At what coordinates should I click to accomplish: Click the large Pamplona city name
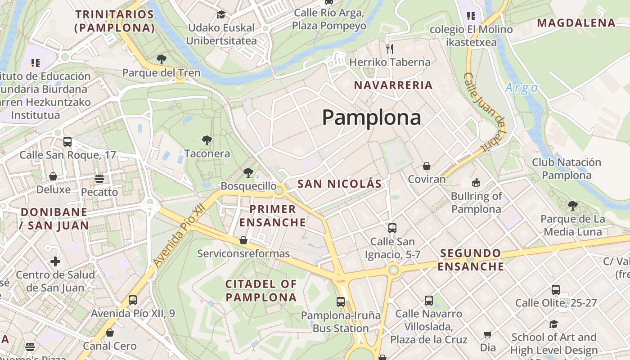tap(371, 118)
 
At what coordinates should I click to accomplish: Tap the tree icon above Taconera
tap(207, 140)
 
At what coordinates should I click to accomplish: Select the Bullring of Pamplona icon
tap(476, 182)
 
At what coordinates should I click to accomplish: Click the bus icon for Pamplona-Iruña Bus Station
tap(341, 301)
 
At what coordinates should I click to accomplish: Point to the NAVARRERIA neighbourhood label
tap(393, 85)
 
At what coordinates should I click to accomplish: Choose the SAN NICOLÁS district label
tap(339, 184)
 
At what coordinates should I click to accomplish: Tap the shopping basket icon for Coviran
tap(426, 166)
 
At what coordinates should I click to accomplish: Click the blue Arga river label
tap(521, 88)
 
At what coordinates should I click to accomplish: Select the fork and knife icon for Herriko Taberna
tap(390, 49)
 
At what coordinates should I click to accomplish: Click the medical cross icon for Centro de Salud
tap(55, 261)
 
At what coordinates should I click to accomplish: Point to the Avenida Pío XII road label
tap(179, 235)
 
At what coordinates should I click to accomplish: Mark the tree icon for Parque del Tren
tap(161, 59)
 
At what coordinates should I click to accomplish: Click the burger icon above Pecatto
tap(99, 179)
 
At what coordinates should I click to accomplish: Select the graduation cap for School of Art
tap(553, 324)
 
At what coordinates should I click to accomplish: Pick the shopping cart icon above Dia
tap(487, 334)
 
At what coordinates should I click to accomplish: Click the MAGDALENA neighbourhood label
tap(576, 22)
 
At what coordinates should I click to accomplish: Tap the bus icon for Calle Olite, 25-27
tap(556, 289)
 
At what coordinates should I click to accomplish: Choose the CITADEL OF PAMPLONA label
tap(261, 291)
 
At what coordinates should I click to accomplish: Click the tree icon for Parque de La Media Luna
tap(572, 206)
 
